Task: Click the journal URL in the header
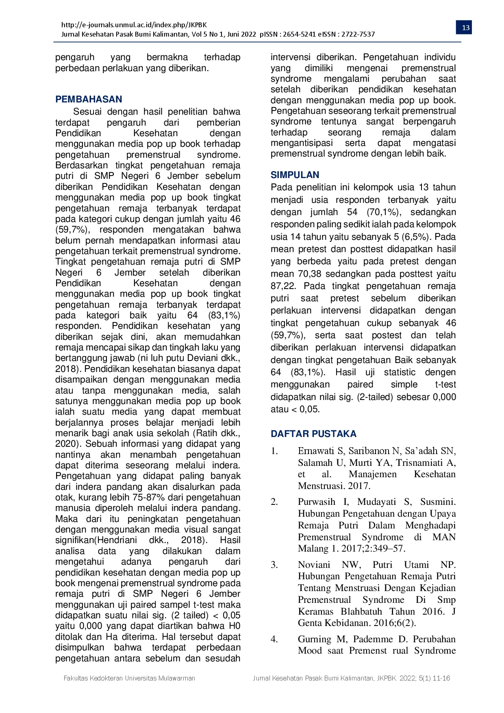coord(134,25)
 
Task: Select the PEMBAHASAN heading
coord(89,99)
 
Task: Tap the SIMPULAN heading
coord(295,175)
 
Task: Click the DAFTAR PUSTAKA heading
coord(313,434)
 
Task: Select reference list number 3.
coord(274,565)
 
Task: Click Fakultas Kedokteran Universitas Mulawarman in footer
coord(129,678)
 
